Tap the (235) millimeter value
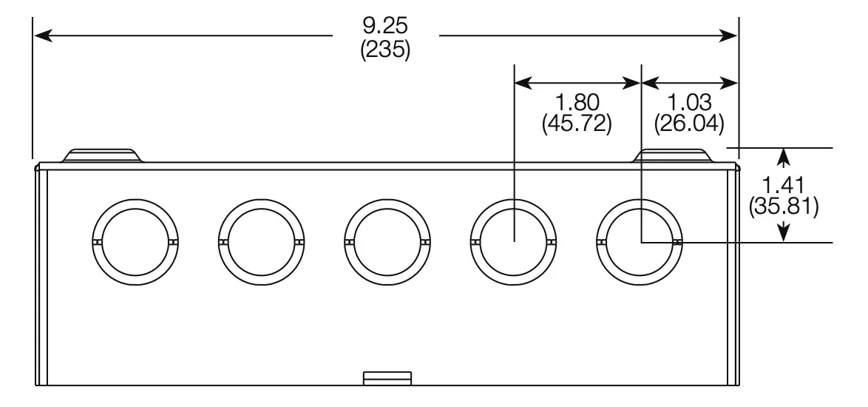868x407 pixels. [x=385, y=52]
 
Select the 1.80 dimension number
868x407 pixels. [x=577, y=101]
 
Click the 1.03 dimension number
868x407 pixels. [x=689, y=101]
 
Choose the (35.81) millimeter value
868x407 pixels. [x=783, y=206]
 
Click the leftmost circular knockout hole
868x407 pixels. [x=136, y=242]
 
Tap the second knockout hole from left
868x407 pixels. [x=262, y=242]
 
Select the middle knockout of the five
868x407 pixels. [x=388, y=242]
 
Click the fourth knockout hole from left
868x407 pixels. [x=515, y=242]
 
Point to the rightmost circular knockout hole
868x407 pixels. [x=640, y=242]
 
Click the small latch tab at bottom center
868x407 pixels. [x=387, y=378]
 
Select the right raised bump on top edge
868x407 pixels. [x=674, y=155]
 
